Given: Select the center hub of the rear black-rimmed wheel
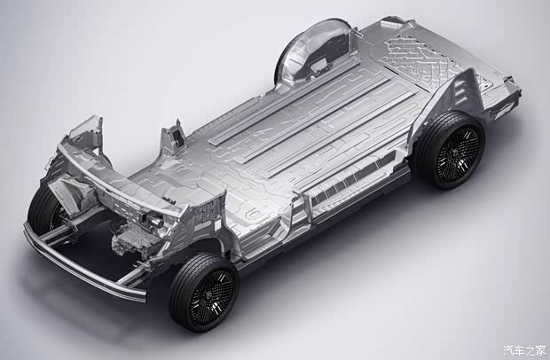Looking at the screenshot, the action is (x=456, y=153).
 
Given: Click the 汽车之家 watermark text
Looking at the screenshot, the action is (x=525, y=350).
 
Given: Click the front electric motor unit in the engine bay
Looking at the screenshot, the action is (x=132, y=241).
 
